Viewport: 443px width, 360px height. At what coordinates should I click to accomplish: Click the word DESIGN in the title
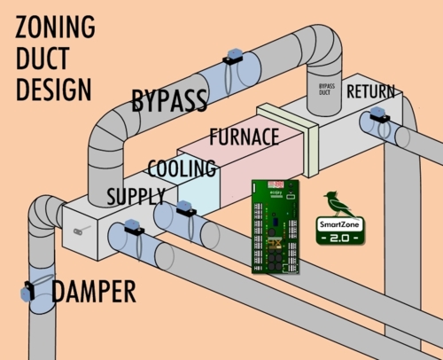(x=53, y=89)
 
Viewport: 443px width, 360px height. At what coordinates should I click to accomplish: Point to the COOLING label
(x=182, y=168)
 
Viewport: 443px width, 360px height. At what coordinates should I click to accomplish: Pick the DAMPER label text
(x=93, y=290)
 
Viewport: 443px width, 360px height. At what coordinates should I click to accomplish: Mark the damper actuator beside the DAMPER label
(x=27, y=290)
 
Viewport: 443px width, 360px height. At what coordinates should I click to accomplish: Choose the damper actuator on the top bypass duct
(x=231, y=59)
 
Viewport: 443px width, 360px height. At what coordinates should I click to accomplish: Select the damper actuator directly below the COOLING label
(x=183, y=210)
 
